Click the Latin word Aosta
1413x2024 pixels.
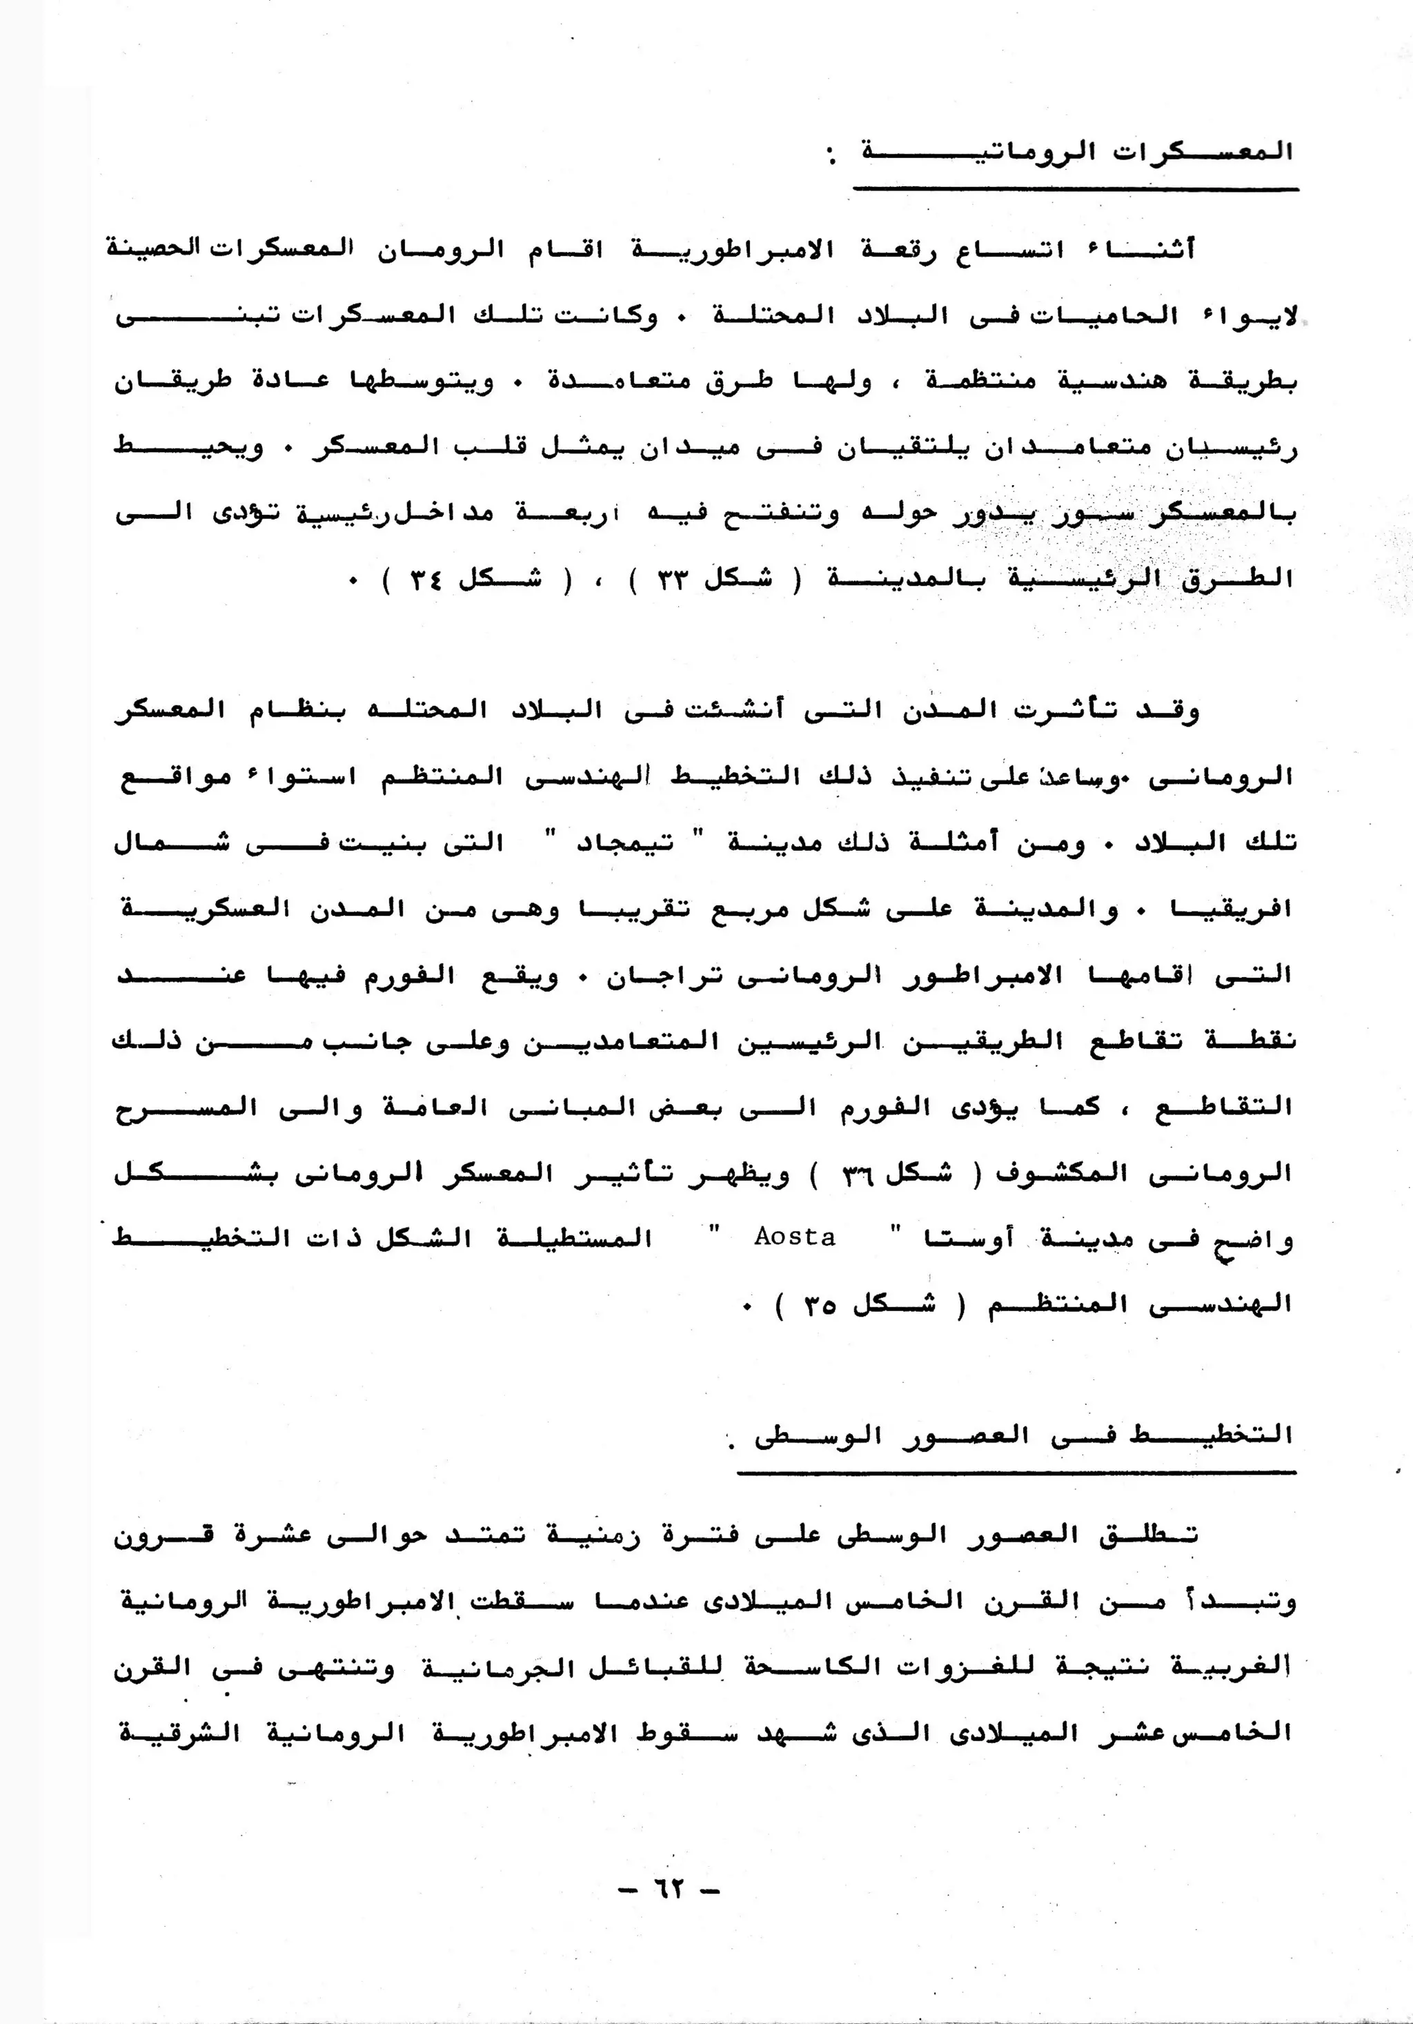[794, 1237]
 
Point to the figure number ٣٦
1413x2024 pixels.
[858, 1173]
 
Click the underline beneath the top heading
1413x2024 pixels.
[1076, 188]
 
